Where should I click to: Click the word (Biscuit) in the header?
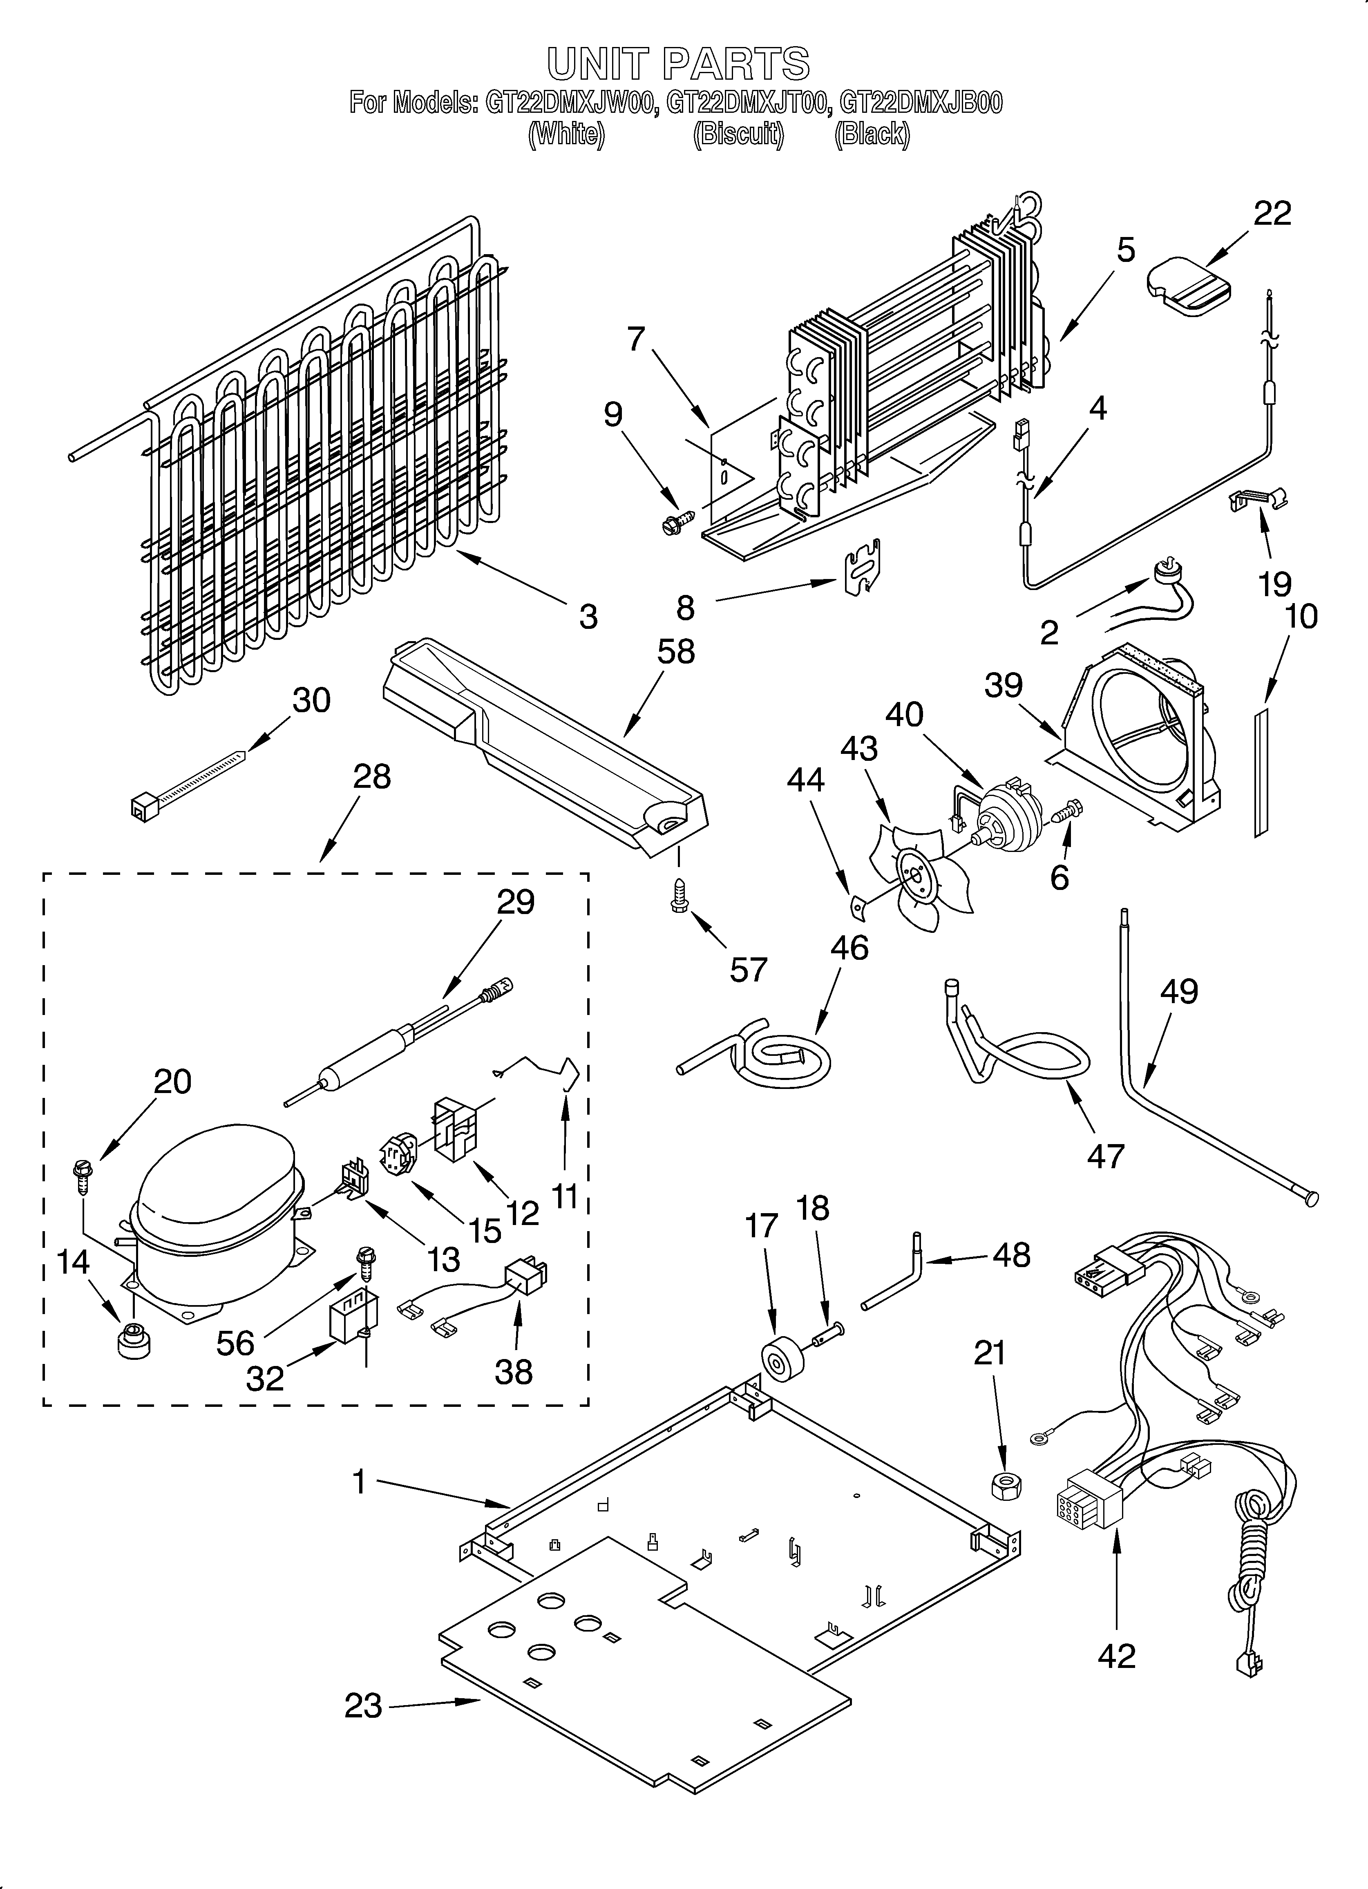click(738, 134)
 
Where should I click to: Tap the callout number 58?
click(676, 651)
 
